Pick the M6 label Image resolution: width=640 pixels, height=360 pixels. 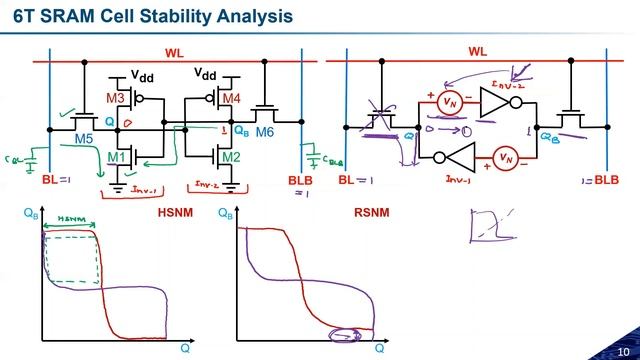click(x=264, y=132)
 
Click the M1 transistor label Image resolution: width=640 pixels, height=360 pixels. click(x=115, y=157)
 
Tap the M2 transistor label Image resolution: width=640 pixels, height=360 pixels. click(x=231, y=157)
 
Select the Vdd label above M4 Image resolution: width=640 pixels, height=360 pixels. click(x=206, y=74)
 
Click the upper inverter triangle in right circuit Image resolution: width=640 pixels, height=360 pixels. click(x=495, y=101)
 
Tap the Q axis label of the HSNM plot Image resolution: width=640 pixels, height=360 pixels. click(x=184, y=348)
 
